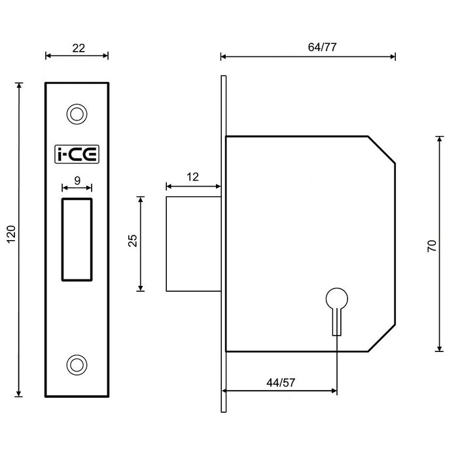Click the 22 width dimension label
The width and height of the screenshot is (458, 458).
tap(77, 48)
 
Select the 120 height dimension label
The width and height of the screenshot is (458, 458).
tap(11, 240)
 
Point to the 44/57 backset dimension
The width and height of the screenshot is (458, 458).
tap(280, 383)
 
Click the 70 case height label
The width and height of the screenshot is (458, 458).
tap(431, 246)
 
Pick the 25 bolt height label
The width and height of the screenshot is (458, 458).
tap(132, 241)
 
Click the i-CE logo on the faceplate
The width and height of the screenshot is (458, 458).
tap(77, 154)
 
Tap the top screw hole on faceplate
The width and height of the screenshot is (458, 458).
tap(77, 114)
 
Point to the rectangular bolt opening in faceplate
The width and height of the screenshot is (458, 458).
tap(77, 239)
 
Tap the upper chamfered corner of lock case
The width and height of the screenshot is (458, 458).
tap(382, 149)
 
